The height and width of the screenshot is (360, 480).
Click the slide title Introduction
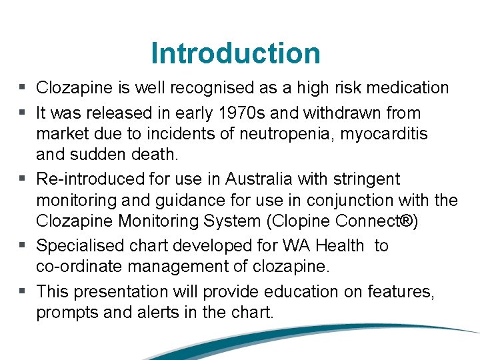235,53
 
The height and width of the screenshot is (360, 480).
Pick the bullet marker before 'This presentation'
23,291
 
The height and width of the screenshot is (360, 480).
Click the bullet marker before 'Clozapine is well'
23,87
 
